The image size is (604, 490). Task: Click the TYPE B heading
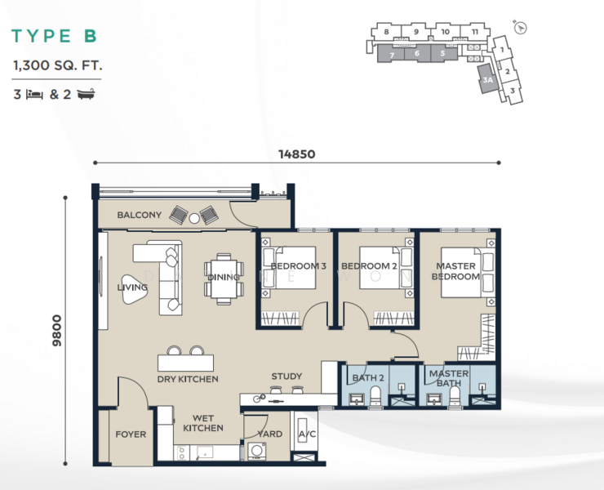coord(54,36)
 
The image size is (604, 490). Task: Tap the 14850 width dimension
coord(296,154)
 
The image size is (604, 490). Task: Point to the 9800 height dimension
coord(56,331)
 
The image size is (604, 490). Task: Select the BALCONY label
coord(139,215)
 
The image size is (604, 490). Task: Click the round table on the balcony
coord(194,219)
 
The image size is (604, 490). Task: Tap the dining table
coord(224,279)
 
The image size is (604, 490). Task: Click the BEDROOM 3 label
coord(299,266)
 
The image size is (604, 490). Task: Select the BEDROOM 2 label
coord(369,266)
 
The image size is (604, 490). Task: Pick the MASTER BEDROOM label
coord(455,271)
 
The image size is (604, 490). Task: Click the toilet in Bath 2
coord(375,396)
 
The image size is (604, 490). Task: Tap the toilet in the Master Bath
coord(455,396)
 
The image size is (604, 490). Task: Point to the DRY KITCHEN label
coord(188,380)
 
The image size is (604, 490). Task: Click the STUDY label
coord(286,376)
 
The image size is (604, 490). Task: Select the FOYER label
coord(131,434)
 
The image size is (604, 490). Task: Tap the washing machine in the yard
coord(257,451)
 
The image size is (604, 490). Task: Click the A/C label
coord(307,434)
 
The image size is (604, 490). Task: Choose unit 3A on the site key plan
coord(487,79)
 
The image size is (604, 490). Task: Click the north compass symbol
coord(521,28)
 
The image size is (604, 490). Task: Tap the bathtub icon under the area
coord(86,94)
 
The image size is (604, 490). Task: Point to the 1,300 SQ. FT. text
coord(57,65)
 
